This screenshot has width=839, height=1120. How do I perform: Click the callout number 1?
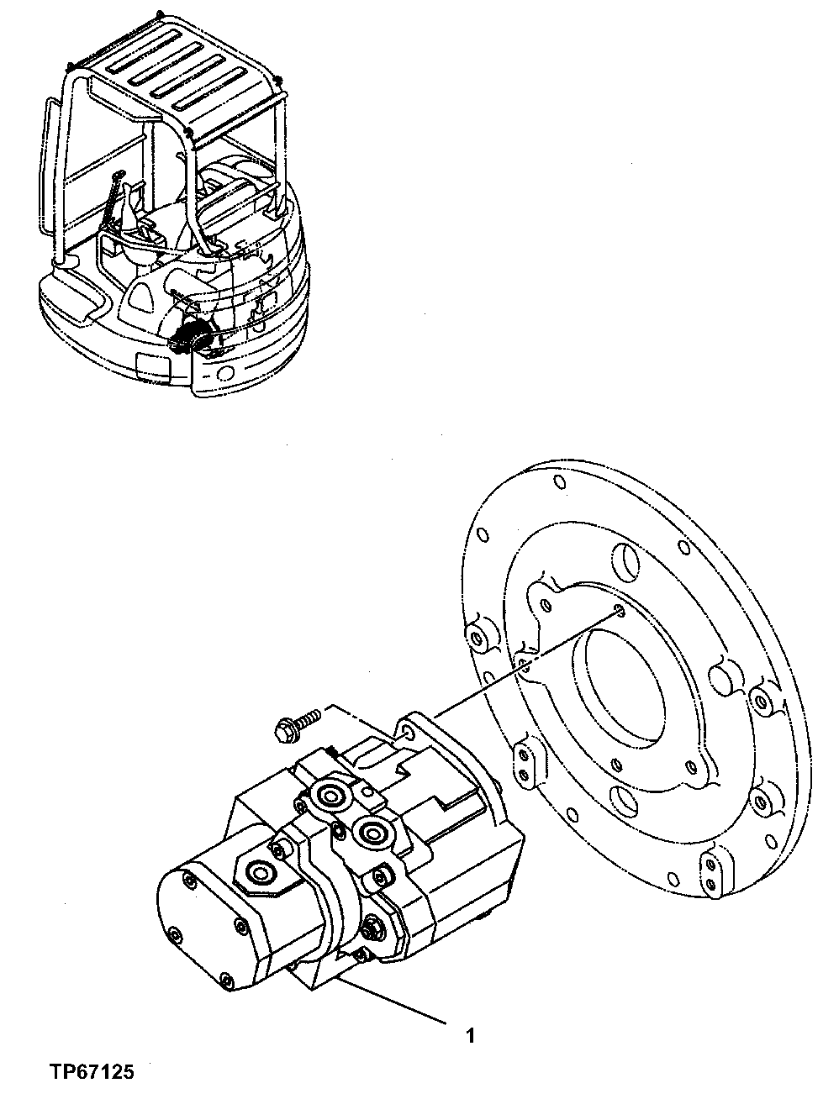(x=471, y=1035)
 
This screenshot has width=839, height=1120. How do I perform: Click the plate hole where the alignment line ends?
(x=618, y=610)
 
